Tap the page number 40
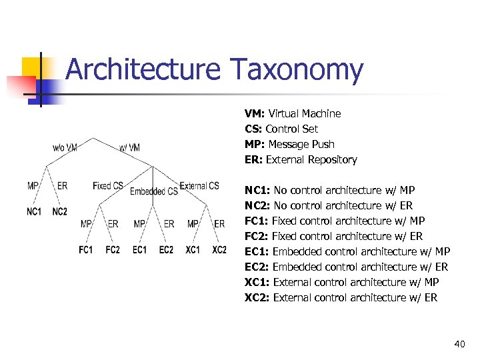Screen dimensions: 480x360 tap(459, 344)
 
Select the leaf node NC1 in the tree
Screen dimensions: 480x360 tap(34, 211)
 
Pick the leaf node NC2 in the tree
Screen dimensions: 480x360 tap(60, 211)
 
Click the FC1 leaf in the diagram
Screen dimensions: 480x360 tap(86, 250)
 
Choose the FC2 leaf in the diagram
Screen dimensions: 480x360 tap(113, 250)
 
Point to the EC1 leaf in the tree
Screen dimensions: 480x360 tap(139, 250)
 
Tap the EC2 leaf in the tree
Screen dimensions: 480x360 tap(166, 250)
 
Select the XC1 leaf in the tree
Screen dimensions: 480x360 tap(193, 250)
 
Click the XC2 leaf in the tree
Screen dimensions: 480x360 tap(219, 250)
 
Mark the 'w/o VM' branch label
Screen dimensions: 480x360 tap(65, 147)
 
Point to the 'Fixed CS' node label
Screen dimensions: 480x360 tap(108, 186)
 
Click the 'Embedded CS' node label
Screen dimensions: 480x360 tap(153, 191)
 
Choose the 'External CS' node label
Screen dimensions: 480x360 tap(199, 186)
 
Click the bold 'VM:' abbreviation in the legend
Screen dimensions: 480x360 tap(255, 114)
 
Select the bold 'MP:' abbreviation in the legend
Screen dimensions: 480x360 tap(255, 145)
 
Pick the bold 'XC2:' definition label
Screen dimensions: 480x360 tap(257, 297)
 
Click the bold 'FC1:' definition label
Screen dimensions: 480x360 tap(257, 221)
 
